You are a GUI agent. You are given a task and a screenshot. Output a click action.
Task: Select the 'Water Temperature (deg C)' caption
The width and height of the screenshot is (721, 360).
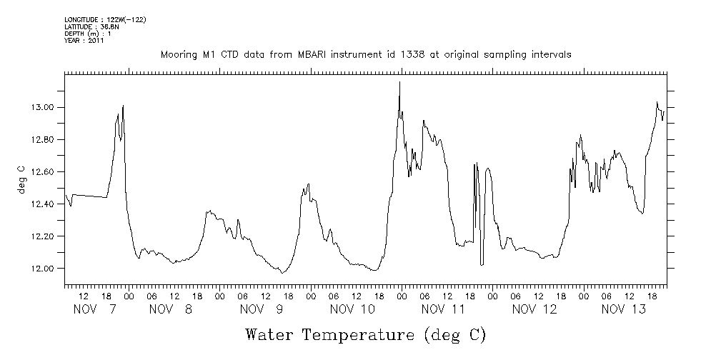(366, 334)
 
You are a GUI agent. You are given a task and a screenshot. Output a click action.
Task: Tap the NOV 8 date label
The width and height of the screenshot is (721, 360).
(171, 309)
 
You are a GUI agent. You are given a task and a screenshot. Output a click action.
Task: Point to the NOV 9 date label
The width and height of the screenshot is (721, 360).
(262, 309)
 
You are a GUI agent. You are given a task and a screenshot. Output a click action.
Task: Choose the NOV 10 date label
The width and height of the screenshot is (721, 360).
(352, 309)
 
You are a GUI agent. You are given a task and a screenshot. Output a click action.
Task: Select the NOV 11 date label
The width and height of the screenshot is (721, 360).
(444, 309)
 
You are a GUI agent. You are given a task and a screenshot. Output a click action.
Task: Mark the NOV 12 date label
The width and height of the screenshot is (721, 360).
(534, 309)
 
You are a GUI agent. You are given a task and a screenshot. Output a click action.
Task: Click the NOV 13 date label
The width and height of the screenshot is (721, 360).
(624, 309)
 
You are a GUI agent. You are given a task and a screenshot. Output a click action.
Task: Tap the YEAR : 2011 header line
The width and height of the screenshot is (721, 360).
(84, 41)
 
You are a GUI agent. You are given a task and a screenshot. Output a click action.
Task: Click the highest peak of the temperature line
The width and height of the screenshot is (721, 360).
(399, 82)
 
